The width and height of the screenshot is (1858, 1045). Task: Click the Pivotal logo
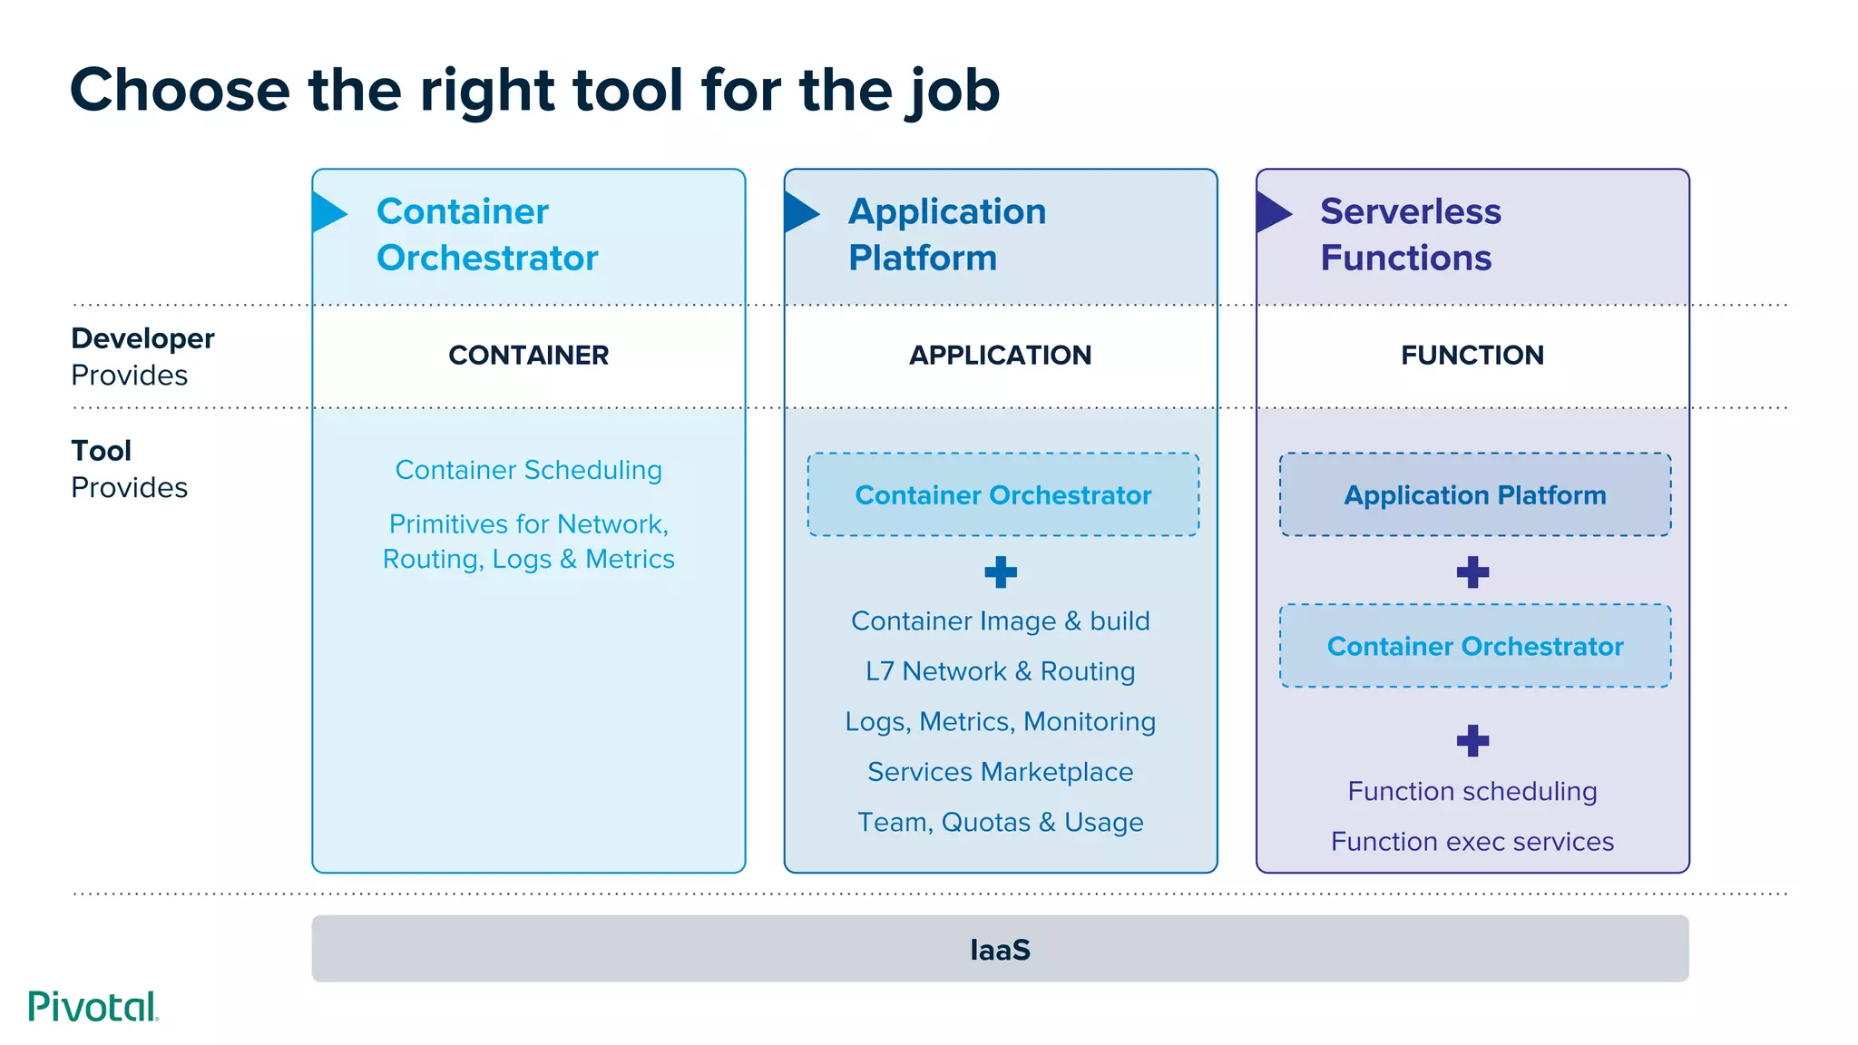(x=93, y=1007)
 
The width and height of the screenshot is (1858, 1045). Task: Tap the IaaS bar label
(x=1000, y=950)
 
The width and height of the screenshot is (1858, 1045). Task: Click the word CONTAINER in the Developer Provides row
(x=528, y=355)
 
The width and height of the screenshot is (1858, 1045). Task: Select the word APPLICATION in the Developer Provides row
(x=1000, y=355)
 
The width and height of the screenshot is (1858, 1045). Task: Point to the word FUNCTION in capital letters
(x=1472, y=355)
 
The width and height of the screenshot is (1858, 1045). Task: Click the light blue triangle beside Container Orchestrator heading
(x=328, y=212)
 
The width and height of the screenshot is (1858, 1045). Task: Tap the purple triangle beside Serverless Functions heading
(x=1272, y=212)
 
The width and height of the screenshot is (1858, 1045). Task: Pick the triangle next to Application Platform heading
(x=799, y=212)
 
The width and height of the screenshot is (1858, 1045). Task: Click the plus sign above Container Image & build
(x=1001, y=572)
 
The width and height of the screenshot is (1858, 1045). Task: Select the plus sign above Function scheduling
(x=1472, y=740)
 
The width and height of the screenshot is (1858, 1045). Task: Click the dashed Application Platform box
(x=1475, y=494)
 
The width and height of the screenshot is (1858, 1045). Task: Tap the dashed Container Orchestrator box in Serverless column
(x=1475, y=646)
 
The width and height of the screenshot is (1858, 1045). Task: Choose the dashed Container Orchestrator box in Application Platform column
(x=1003, y=494)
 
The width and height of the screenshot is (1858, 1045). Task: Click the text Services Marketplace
(x=1000, y=772)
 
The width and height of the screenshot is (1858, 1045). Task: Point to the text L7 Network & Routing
(x=1000, y=671)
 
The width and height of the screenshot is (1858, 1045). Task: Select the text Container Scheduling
(x=528, y=470)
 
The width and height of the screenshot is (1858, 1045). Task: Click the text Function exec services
(x=1472, y=842)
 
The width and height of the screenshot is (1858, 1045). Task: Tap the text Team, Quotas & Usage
(x=1000, y=822)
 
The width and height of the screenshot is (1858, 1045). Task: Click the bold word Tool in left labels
(x=102, y=451)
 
